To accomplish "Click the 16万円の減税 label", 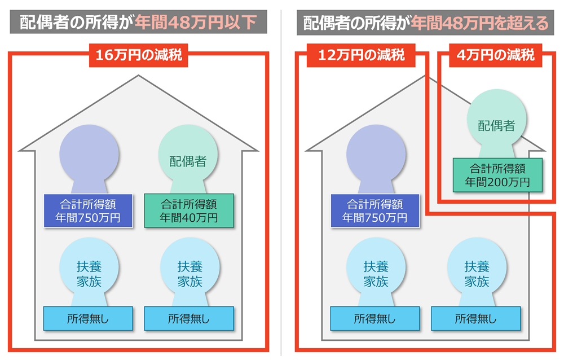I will pos(138,55).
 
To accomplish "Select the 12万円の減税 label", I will pos(361,55).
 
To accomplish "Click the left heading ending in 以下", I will pos(138,23).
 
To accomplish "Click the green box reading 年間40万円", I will pos(188,210).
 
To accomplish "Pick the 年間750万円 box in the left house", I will pos(88,210).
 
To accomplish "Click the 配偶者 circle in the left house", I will pos(188,157).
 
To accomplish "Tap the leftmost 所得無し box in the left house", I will pos(88,318).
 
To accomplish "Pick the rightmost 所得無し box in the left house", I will pos(188,318).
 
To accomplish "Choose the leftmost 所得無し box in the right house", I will pos(375,318).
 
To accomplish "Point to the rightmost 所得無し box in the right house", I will pos(475,318).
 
